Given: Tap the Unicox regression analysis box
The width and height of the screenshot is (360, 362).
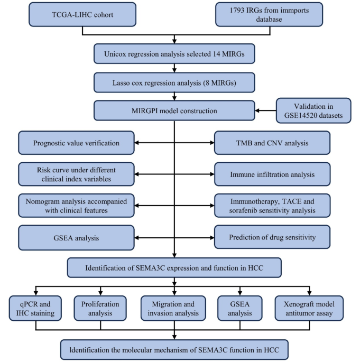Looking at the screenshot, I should (x=174, y=53).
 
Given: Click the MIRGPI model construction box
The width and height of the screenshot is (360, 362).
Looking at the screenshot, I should (x=174, y=110).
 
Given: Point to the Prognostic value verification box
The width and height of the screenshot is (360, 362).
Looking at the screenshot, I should (x=76, y=143).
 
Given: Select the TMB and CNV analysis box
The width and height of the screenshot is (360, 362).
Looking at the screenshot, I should (x=272, y=143).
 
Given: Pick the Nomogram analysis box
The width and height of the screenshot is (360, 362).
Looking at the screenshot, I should (x=76, y=205).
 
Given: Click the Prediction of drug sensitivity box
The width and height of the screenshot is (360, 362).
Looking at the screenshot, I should (x=272, y=237).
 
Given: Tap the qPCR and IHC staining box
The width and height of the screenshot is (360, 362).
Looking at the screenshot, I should (x=36, y=309).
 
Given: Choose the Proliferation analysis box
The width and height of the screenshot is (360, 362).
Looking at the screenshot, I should (x=100, y=309).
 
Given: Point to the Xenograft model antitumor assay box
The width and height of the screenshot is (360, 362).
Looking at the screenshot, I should (x=309, y=309).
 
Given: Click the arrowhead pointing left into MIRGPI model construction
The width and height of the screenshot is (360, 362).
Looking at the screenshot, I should (x=258, y=111).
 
